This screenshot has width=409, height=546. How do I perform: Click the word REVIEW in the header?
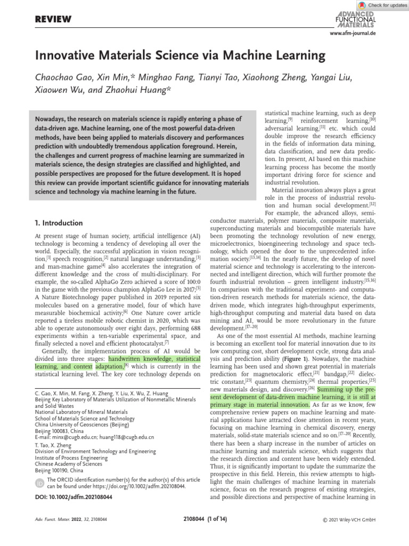coord(53,20)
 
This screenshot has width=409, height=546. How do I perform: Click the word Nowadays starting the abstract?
coord(52,119)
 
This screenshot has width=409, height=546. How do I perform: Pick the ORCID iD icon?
coord(39,483)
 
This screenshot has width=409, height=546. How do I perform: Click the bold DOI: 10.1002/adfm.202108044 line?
coord(73,497)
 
